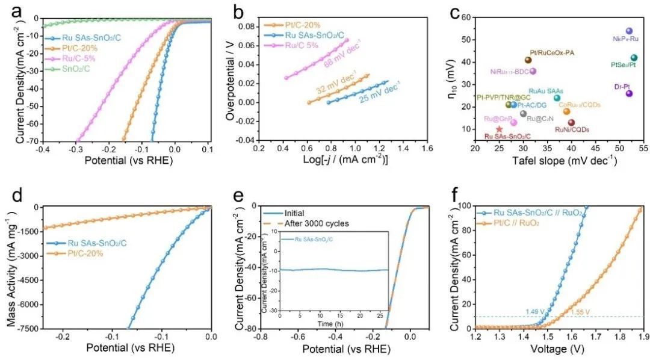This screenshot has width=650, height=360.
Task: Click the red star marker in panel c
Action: pos(499,129)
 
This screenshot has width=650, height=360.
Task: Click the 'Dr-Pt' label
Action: pos(622,86)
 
